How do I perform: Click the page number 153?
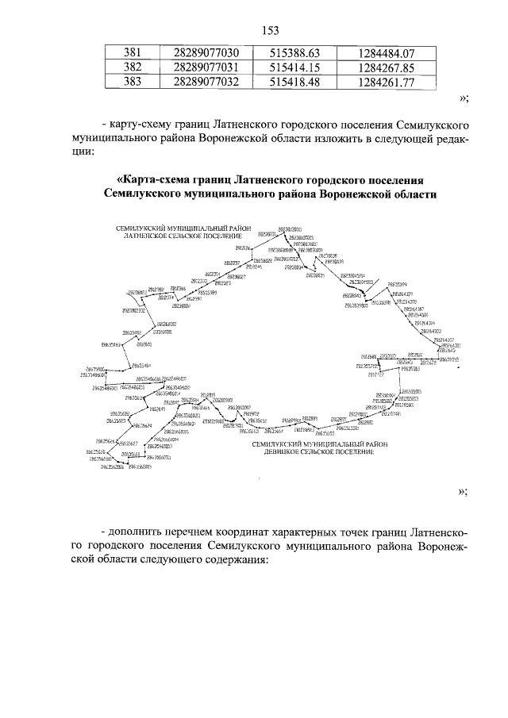click(x=270, y=30)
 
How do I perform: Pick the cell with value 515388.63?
click(x=294, y=53)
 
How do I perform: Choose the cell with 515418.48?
click(x=294, y=82)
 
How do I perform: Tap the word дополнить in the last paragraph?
click(x=141, y=529)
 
